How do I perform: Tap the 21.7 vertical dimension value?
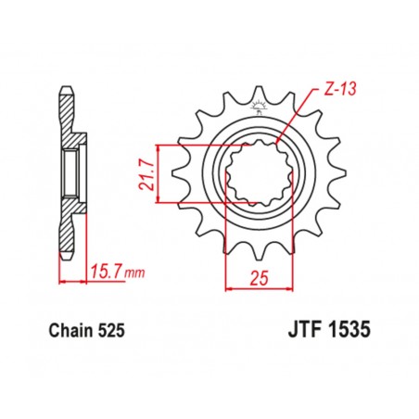coord(147,172)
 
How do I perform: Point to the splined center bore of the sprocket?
coord(255,172)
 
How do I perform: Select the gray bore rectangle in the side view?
coord(70,171)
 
